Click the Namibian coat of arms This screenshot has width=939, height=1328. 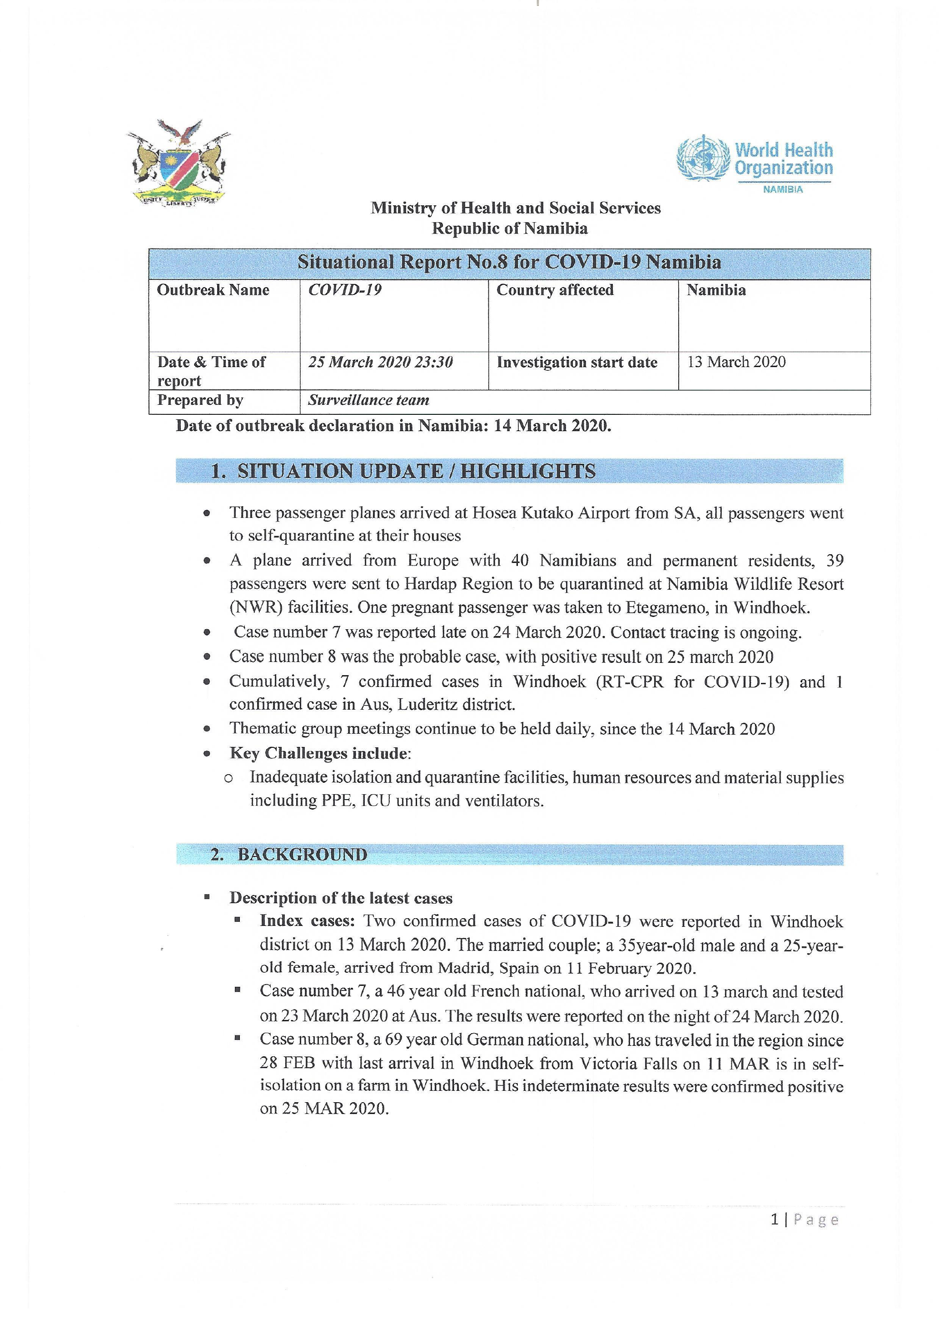click(x=178, y=164)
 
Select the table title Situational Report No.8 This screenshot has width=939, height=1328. click(x=509, y=263)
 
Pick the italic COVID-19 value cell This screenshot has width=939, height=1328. click(x=345, y=290)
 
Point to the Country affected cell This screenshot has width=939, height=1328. click(x=555, y=290)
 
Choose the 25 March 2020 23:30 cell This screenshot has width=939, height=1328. click(x=380, y=362)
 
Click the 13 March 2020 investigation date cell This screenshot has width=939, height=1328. click(x=736, y=362)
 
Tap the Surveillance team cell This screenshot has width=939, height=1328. click(x=368, y=400)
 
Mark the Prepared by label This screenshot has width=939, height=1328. click(x=200, y=400)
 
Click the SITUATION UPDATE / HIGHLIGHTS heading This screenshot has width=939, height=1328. click(x=416, y=472)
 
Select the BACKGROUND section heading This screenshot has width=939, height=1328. click(x=303, y=854)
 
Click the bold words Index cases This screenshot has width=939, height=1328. click(x=307, y=921)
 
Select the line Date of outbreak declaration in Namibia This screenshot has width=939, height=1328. click(x=393, y=426)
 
